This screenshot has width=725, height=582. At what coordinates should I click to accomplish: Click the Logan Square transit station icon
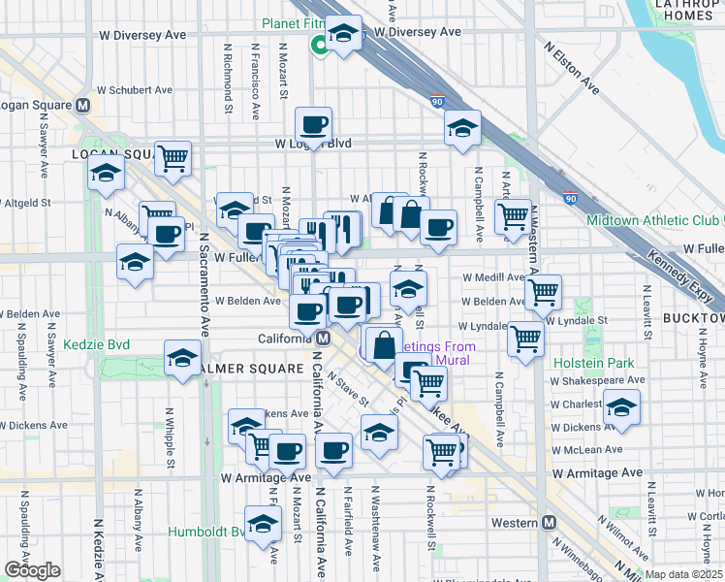click(x=83, y=106)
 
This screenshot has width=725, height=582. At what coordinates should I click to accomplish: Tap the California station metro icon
click(x=324, y=338)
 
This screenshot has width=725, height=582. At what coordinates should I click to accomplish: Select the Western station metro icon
click(x=550, y=523)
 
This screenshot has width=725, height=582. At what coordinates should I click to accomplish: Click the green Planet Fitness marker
click(x=317, y=45)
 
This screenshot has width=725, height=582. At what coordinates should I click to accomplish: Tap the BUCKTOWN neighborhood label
click(x=693, y=318)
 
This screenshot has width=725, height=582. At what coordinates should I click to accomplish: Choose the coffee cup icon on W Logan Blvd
click(x=314, y=124)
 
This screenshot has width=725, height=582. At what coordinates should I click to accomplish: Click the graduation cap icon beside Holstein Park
click(x=622, y=406)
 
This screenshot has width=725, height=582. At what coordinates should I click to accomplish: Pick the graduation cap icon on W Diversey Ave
click(x=343, y=33)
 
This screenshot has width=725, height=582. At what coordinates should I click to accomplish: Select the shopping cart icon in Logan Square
click(x=173, y=158)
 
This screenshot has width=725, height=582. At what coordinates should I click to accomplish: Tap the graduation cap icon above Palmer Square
click(x=181, y=358)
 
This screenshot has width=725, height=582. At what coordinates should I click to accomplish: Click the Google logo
click(x=33, y=570)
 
